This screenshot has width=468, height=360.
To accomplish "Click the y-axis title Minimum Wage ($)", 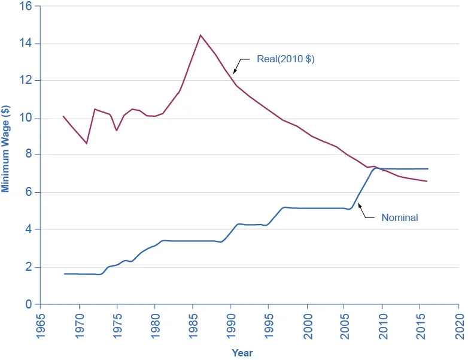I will [6, 149].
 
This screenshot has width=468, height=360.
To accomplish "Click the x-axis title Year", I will [242, 353].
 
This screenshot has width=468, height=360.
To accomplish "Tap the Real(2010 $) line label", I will [285, 59].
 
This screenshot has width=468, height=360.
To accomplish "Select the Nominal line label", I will [399, 218].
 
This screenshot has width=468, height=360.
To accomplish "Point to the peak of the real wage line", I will [200, 35].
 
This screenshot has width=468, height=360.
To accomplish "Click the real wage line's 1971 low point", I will [87, 143].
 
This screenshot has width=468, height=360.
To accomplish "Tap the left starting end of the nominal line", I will [64, 274].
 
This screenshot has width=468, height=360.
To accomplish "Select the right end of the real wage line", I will [427, 181].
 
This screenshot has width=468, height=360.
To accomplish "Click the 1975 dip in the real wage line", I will [117, 130].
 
